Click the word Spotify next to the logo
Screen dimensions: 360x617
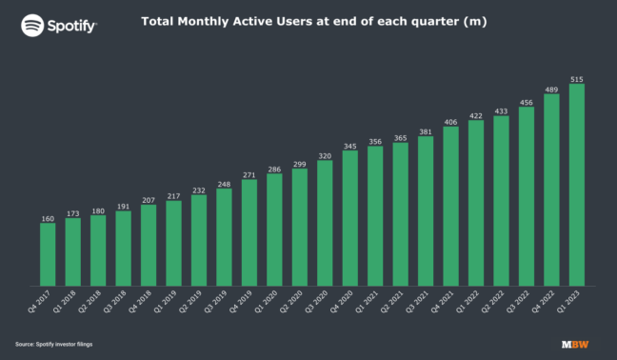(72, 26)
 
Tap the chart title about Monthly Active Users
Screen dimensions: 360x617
(314, 21)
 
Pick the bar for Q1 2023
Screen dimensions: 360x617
(576, 185)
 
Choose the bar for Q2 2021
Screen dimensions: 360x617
(400, 214)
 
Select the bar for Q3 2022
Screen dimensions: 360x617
(526, 196)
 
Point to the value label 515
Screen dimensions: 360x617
(576, 77)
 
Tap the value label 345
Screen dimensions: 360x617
(349, 145)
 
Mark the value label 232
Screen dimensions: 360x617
(198, 189)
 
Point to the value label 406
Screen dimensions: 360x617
(450, 121)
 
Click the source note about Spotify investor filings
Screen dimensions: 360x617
(53, 344)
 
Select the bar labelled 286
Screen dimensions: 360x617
(274, 229)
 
